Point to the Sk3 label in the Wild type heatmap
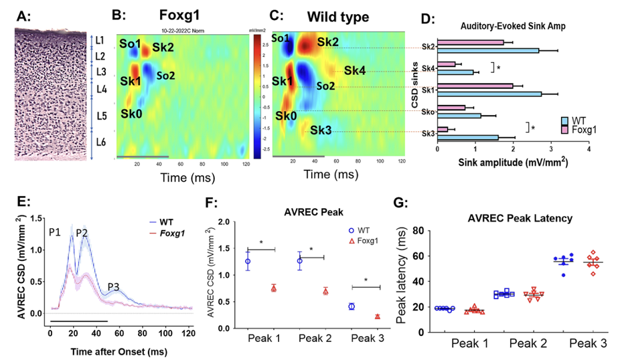(321, 130)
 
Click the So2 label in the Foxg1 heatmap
(166, 76)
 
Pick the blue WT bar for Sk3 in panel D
(467, 138)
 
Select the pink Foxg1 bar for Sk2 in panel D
(471, 42)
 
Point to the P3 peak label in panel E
(112, 287)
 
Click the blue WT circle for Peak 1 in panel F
(248, 261)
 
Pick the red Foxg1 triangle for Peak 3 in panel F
(378, 316)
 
